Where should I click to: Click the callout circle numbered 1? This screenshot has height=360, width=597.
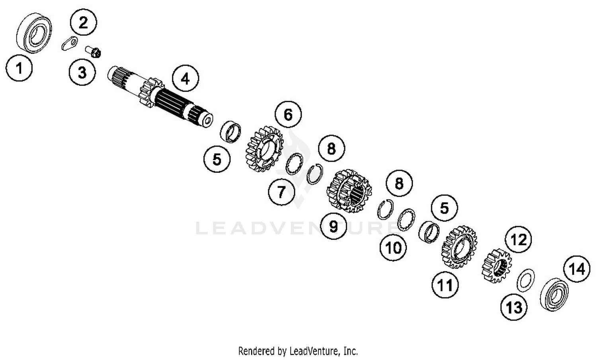pyautogui.click(x=19, y=68)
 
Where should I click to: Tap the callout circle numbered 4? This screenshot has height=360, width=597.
pyautogui.click(x=185, y=79)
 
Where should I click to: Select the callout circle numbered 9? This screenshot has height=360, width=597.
pyautogui.click(x=334, y=226)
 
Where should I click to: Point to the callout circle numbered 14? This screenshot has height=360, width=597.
pyautogui.click(x=577, y=269)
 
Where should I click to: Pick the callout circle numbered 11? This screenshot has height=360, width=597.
pyautogui.click(x=445, y=285)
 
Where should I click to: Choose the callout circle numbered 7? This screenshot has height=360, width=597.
pyautogui.click(x=281, y=192)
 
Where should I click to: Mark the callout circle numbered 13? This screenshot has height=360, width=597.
pyautogui.click(x=514, y=307)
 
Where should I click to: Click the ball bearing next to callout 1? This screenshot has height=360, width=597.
pyautogui.click(x=34, y=32)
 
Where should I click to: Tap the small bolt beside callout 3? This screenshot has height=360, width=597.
pyautogui.click(x=94, y=51)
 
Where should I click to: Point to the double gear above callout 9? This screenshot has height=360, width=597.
pyautogui.click(x=349, y=191)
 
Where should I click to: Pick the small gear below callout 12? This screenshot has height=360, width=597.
pyautogui.click(x=497, y=266)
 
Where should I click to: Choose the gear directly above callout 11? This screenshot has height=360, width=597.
pyautogui.click(x=459, y=247)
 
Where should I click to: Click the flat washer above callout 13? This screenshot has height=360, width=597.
pyautogui.click(x=526, y=280)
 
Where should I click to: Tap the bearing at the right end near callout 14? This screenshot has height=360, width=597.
pyautogui.click(x=554, y=295)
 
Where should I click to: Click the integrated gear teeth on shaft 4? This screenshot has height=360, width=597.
pyautogui.click(x=152, y=91)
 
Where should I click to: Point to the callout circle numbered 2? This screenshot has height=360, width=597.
pyautogui.click(x=83, y=22)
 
